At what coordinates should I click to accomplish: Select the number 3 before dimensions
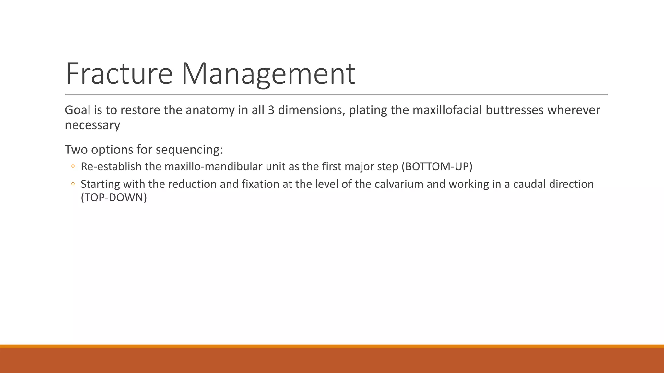(271, 110)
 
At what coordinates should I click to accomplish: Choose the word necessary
(92, 125)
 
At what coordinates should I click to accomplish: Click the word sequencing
(189, 150)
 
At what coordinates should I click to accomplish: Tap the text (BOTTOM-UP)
(437, 167)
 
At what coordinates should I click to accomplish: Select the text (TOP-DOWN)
(114, 198)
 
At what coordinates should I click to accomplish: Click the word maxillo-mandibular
(213, 167)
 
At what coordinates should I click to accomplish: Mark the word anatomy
(210, 110)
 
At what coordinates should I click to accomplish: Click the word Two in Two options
(76, 150)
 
